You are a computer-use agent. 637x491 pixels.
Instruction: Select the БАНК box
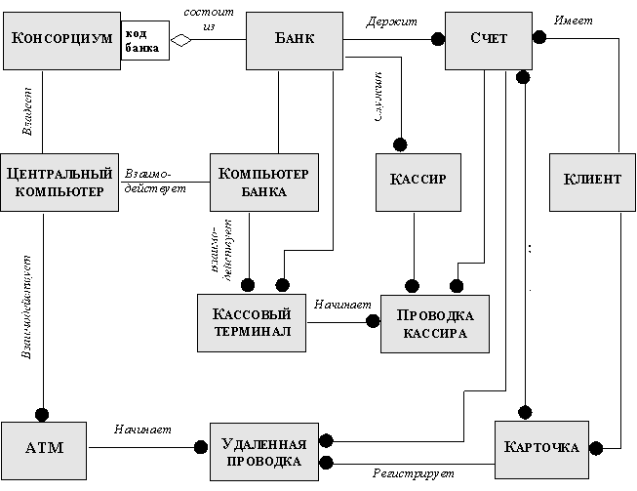pos(293,40)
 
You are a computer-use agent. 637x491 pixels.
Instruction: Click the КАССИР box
pos(418,180)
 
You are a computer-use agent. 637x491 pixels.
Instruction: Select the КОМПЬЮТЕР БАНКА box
pos(264,182)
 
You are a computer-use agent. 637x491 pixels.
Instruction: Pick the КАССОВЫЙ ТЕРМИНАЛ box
pos(252,321)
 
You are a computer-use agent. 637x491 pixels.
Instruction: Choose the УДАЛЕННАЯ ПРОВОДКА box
pos(263,450)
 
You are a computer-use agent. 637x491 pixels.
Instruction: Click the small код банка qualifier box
pos(142,40)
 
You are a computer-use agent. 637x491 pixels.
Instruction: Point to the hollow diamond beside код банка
pos(179,40)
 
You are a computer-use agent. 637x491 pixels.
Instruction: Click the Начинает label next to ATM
pos(142,428)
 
